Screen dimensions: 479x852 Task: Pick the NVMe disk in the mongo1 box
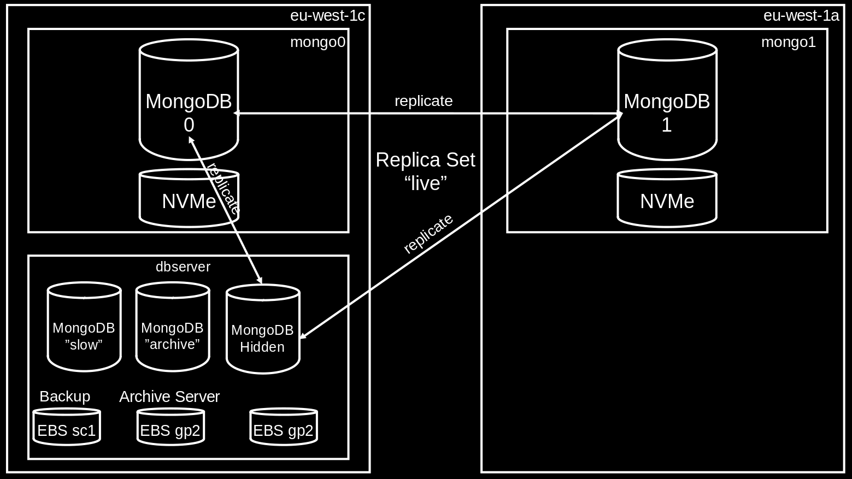(x=667, y=199)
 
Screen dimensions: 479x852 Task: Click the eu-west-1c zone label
(x=327, y=15)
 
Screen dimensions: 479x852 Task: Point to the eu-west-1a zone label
(x=801, y=15)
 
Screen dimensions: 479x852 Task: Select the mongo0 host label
(x=318, y=42)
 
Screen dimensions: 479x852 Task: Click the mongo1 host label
(x=788, y=42)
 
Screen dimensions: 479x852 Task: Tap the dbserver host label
(x=183, y=267)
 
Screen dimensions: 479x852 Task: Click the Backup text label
(x=64, y=397)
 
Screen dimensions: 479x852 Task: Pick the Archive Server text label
(x=169, y=397)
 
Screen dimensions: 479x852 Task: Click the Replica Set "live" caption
(x=425, y=172)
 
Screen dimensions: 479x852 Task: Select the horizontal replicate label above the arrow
(x=424, y=101)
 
